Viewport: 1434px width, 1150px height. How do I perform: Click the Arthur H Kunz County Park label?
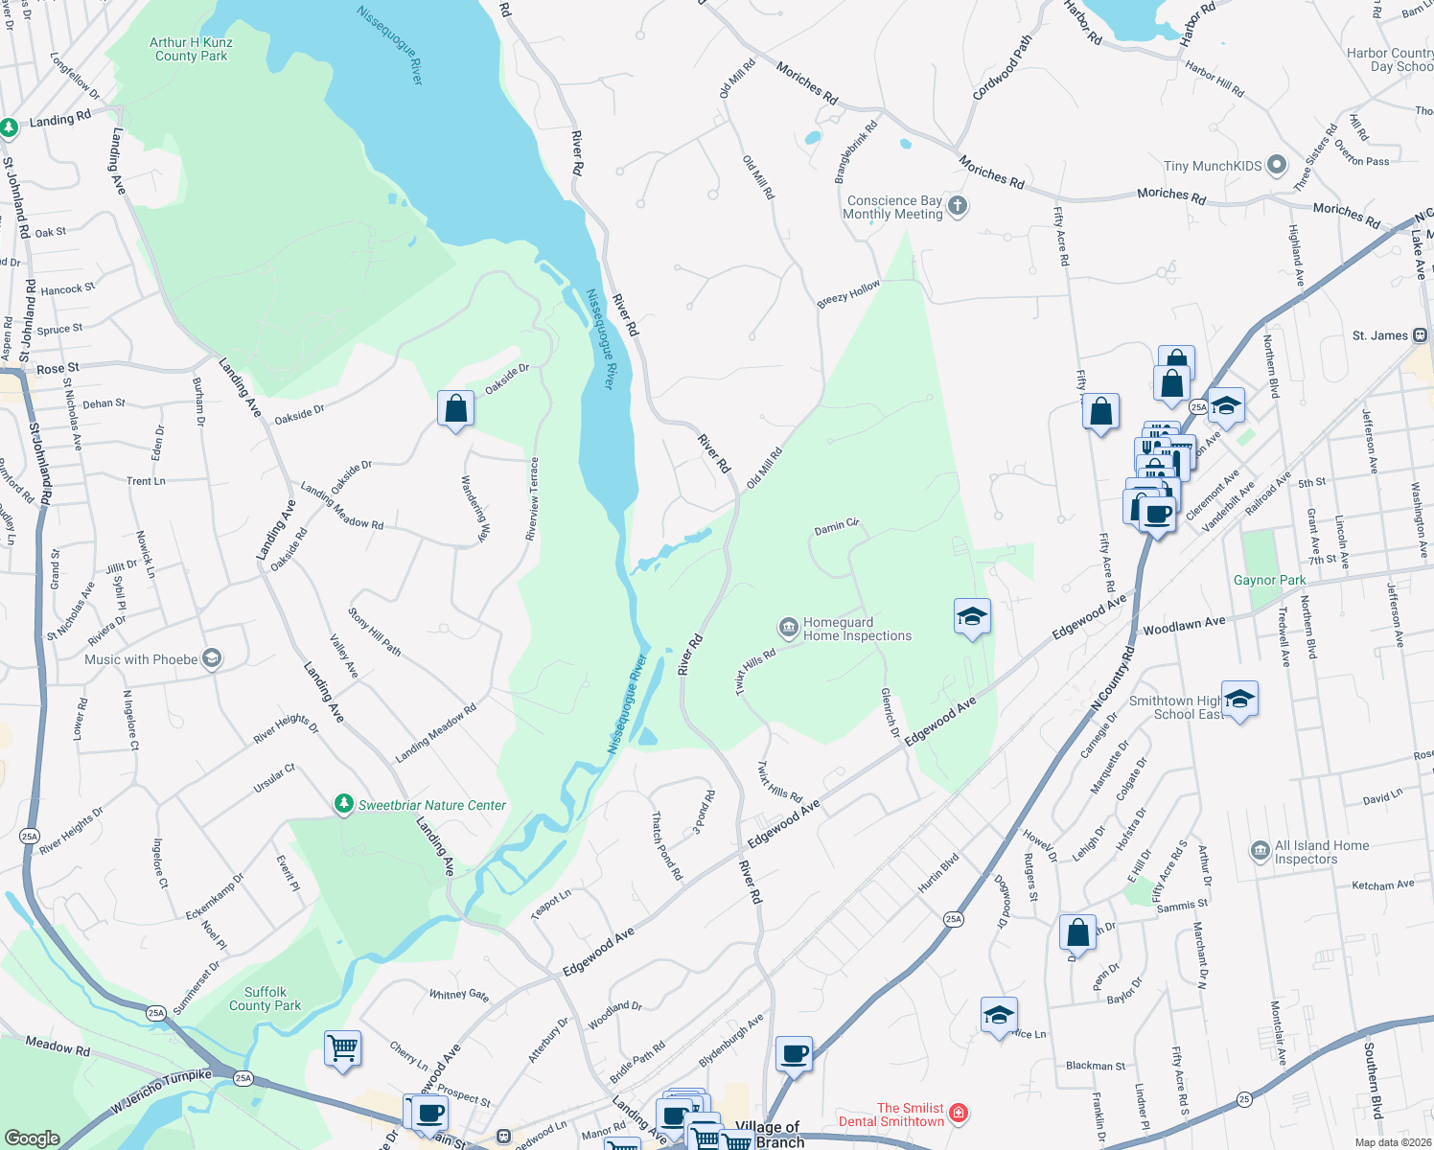191,49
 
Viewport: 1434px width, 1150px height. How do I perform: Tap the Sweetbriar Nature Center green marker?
344,804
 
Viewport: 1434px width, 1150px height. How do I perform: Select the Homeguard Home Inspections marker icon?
788,629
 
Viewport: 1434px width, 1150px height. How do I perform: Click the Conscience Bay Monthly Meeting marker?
958,206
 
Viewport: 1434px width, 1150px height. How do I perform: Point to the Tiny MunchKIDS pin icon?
1277,165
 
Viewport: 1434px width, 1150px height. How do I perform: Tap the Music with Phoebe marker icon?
212,658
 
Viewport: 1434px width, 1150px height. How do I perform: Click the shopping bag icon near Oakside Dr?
456,408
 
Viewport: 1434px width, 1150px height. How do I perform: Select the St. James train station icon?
1420,335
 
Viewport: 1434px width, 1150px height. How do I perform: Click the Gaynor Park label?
1269,580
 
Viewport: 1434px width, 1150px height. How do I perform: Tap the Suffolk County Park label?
265,999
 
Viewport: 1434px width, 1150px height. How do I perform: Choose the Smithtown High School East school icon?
1239,700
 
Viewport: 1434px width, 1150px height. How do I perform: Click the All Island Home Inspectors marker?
1260,851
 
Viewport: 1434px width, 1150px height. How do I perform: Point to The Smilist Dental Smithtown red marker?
958,1114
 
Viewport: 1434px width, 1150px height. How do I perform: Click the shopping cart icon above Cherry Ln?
342,1047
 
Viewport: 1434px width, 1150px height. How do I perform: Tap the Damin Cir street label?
836,526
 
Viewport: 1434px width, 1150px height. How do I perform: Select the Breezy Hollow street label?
848,294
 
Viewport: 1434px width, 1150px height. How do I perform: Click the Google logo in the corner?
32,1138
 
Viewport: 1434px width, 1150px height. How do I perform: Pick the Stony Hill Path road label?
374,632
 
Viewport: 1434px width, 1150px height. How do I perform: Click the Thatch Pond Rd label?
667,846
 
